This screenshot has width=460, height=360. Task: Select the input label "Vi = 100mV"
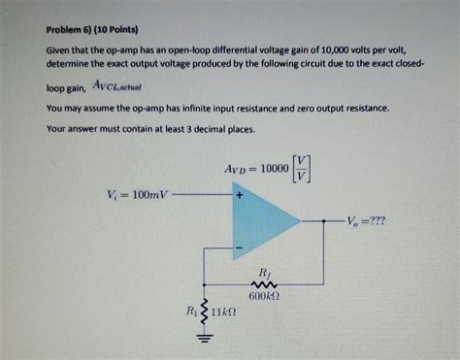click(x=134, y=194)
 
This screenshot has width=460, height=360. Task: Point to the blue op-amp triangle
click(x=262, y=221)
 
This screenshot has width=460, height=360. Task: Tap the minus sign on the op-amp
click(x=238, y=248)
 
